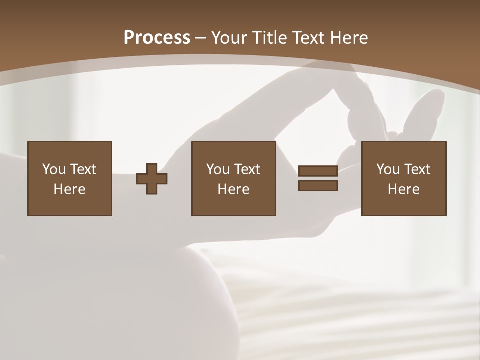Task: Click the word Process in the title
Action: click(157, 38)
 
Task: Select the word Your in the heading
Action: click(230, 38)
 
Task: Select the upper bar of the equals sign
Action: click(318, 171)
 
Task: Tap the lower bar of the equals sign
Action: click(318, 186)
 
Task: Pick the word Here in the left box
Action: click(70, 189)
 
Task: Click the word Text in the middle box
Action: click(247, 169)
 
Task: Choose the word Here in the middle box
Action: click(234, 189)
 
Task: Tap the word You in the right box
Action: click(388, 169)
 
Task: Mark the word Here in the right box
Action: click(404, 189)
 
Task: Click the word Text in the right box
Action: click(417, 169)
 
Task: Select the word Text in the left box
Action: click(83, 169)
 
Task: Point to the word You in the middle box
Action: click(218, 169)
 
